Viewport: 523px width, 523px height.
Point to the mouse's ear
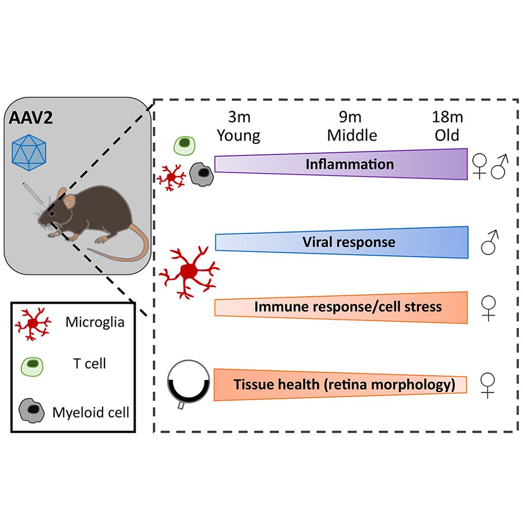pos(63,195)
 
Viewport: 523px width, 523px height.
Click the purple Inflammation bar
pos(341,164)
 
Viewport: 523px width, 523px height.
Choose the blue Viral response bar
pos(341,242)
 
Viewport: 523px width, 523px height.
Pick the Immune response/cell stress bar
pos(341,306)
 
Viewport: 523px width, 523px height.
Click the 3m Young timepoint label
pos(238,127)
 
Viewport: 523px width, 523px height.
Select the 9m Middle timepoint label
pos(352,127)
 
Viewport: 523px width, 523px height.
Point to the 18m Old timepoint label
pos(447,127)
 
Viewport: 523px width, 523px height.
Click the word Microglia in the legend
pos(95,322)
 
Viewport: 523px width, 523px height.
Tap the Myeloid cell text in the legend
pos(91,412)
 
